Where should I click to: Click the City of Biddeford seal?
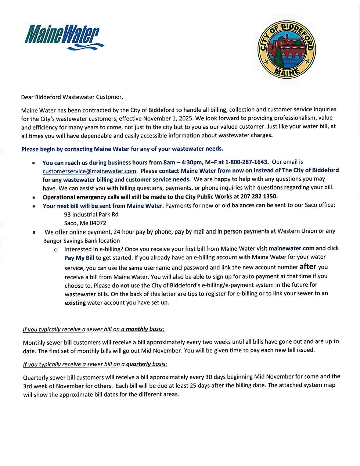point(287,49)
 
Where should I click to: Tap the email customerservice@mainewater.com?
point(89,171)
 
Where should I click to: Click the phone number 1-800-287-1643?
point(246,162)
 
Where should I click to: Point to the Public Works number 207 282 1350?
point(259,196)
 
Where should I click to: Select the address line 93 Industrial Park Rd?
point(91,214)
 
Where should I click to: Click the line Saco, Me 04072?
point(85,223)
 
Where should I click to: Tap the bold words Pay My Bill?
point(79,258)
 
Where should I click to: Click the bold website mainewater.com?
point(291,248)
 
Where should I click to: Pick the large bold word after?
point(307,267)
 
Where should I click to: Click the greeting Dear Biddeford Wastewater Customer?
point(72,97)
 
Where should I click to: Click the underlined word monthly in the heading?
point(137,329)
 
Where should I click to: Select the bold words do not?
point(120,285)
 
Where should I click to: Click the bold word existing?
point(75,303)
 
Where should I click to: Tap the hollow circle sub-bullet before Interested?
point(56,250)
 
